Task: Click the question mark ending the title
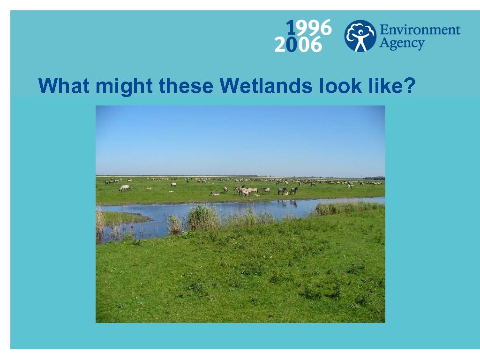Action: [410, 86]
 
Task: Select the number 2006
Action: [299, 45]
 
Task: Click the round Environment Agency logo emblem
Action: [360, 36]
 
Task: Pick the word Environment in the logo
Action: [420, 30]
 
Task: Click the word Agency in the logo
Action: [401, 45]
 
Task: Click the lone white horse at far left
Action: [124, 188]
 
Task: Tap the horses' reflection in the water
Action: [286, 203]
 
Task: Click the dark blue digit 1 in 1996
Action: [291, 28]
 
